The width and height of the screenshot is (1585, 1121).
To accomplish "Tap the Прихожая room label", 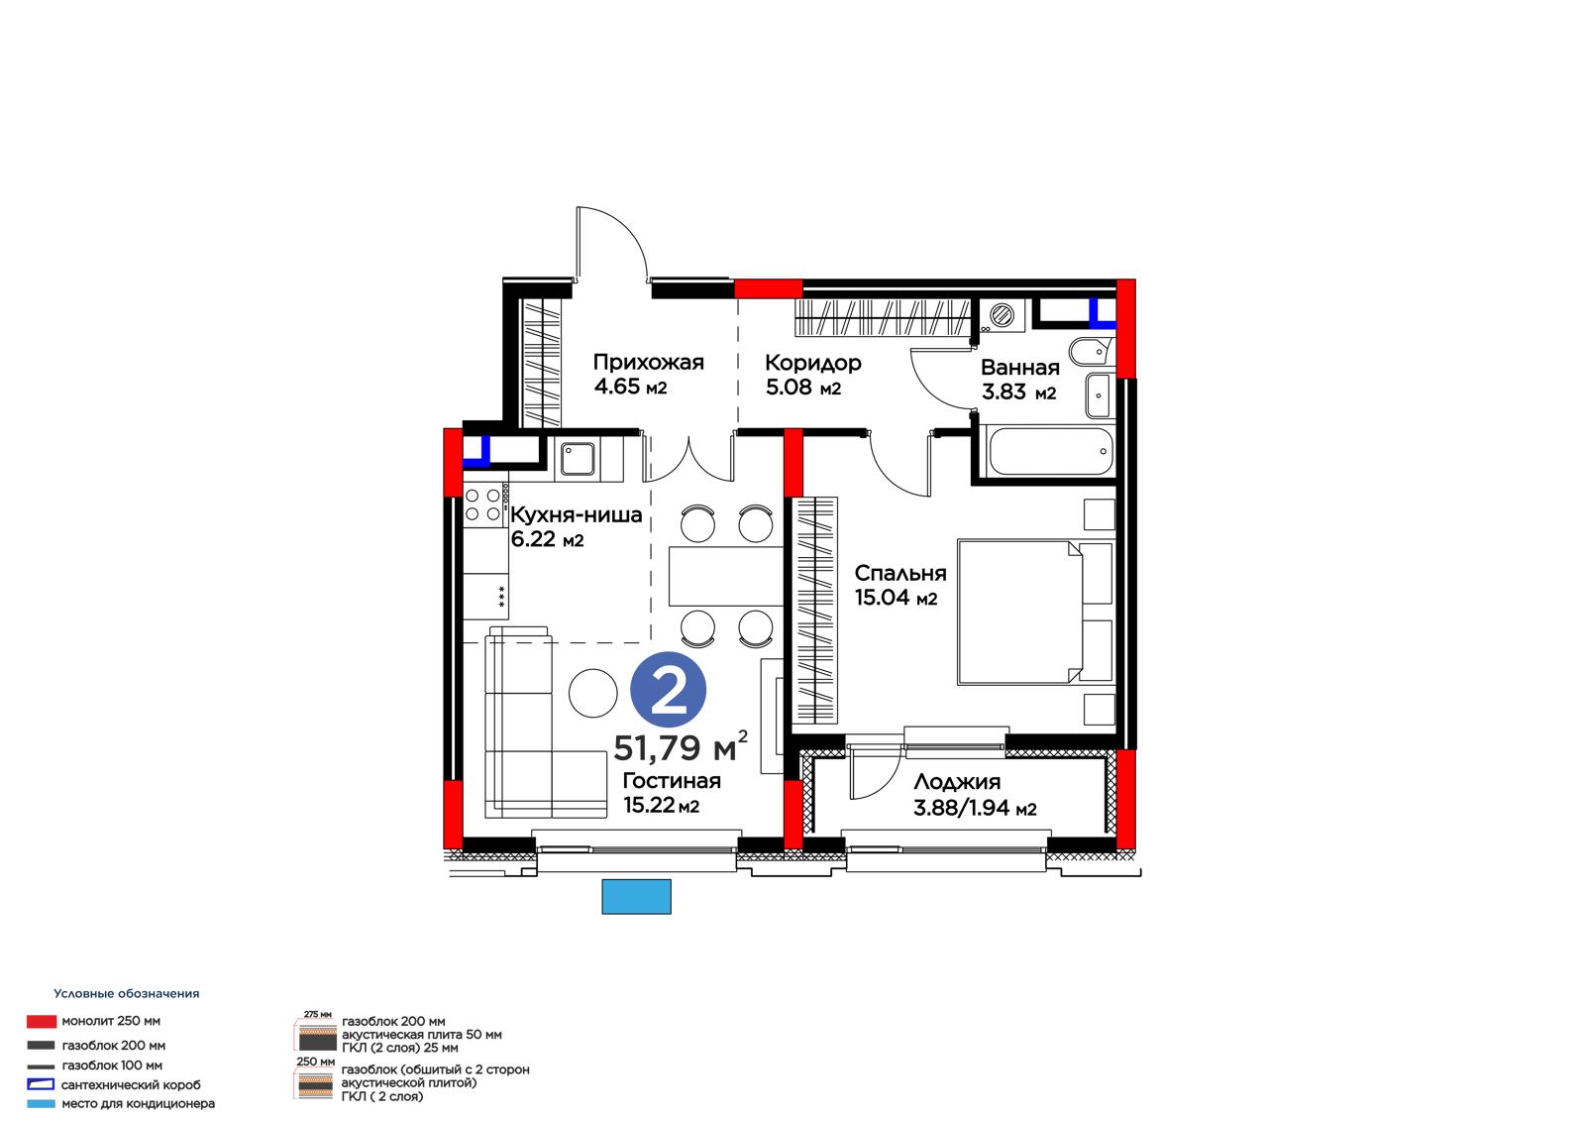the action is click(648, 363).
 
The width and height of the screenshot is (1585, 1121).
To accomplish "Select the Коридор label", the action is click(813, 364).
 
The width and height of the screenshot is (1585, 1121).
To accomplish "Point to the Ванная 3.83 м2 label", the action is click(1019, 380).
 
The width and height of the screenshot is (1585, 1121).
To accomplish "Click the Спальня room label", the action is click(900, 573).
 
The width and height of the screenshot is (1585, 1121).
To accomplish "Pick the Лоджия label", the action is click(957, 782).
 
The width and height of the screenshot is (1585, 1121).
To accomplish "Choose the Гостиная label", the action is click(672, 781).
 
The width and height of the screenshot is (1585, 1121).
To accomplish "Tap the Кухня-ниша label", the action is click(576, 514).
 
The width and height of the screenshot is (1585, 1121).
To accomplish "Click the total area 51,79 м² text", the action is click(680, 747).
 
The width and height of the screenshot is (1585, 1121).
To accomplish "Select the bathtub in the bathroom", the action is click(1051, 451).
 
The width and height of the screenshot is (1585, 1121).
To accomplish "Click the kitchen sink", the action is click(578, 459).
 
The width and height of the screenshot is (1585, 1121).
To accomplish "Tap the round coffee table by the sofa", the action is click(593, 693).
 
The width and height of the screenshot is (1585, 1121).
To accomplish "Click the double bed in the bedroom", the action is click(1036, 613).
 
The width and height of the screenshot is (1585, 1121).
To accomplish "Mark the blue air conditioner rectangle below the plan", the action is click(636, 897).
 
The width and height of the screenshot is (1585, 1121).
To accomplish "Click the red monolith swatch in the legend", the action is click(41, 1021).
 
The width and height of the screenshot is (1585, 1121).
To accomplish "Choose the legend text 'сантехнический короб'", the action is click(131, 1085).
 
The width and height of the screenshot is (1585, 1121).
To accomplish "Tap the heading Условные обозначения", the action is click(127, 993).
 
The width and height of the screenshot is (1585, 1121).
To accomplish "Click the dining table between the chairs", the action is click(726, 576).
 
